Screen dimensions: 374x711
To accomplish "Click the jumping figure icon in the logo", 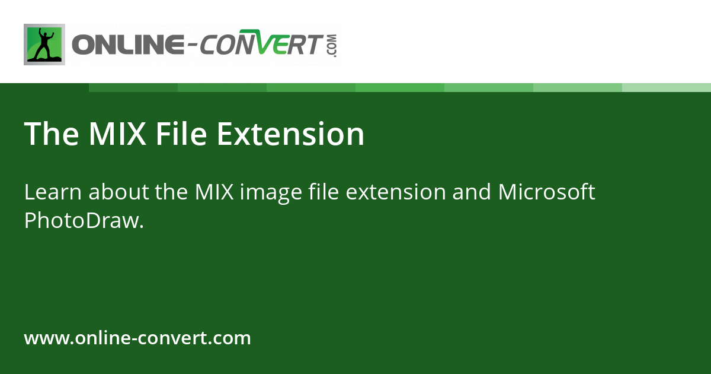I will point(44,45).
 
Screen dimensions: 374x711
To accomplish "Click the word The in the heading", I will point(51,134).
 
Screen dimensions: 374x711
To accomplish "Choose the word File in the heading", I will point(181,134).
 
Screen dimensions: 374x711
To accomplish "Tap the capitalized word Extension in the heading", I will point(290,134).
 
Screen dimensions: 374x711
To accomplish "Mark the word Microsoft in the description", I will point(546,192).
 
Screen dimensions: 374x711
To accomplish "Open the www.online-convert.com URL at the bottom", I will point(137,338).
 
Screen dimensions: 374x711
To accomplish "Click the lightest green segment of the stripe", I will point(667,87).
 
